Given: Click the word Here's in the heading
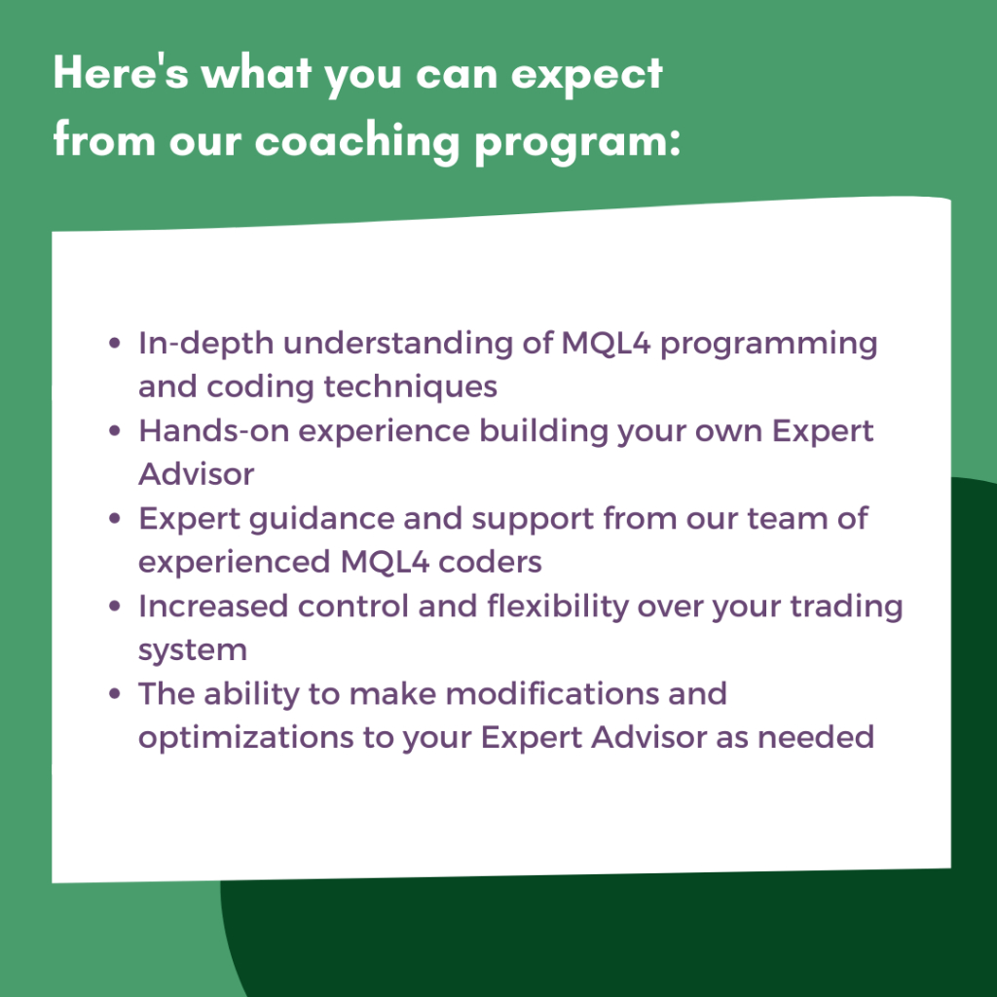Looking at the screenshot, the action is (121, 71).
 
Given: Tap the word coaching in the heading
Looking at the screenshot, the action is (357, 142).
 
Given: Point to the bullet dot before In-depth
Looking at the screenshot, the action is (115, 344).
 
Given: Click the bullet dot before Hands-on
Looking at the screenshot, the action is (115, 431).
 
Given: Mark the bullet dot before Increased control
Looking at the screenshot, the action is (115, 607).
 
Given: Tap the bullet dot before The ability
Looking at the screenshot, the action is (115, 693).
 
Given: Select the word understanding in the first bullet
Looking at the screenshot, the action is (398, 344).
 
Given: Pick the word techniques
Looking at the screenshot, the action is (410, 388).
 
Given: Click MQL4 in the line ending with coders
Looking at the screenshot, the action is (385, 563).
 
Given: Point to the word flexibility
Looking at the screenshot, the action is (558, 608).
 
